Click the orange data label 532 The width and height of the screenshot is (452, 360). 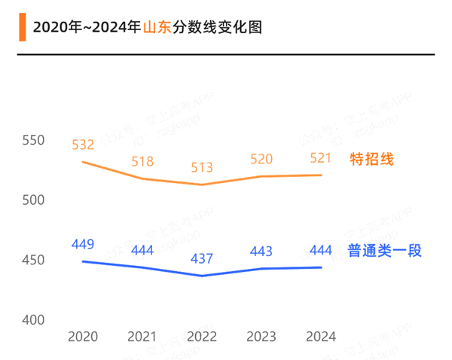83,145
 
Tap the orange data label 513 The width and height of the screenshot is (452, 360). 202,168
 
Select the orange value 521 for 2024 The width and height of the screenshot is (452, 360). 321,158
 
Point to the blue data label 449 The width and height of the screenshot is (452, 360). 83,244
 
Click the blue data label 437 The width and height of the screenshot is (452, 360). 202,258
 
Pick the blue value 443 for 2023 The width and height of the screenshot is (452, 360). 261,252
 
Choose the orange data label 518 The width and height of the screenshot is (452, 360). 142,161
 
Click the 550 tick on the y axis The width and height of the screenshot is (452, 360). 34,141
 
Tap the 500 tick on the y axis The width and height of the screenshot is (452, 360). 34,200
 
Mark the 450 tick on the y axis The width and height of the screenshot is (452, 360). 34,261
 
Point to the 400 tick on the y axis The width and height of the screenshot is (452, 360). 34,320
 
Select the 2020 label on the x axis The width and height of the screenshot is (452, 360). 83,336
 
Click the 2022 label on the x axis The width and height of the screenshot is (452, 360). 202,336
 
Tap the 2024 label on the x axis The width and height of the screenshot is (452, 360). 321,336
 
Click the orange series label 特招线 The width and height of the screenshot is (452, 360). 372,159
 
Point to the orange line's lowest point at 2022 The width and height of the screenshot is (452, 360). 202,185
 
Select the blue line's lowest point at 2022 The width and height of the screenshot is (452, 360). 202,276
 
